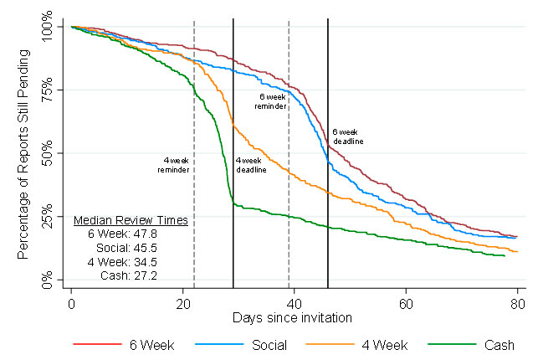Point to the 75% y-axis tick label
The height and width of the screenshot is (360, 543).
click(52, 90)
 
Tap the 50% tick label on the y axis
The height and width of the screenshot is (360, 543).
click(52, 152)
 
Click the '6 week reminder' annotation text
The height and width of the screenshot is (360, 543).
click(273, 101)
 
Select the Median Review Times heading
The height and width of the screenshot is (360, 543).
click(130, 221)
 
